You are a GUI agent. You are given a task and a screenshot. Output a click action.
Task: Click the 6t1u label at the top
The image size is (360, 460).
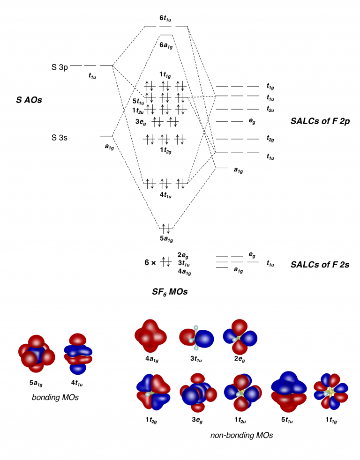(x=166, y=18)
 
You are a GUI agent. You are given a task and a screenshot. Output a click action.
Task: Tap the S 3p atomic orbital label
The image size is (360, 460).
(x=60, y=67)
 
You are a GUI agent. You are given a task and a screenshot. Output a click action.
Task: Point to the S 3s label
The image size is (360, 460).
(x=60, y=138)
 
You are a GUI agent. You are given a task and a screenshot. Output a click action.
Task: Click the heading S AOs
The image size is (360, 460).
(x=29, y=100)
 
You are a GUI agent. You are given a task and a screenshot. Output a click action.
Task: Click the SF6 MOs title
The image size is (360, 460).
(x=167, y=292)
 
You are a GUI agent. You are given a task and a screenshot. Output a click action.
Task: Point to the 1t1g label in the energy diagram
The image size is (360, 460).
(x=165, y=74)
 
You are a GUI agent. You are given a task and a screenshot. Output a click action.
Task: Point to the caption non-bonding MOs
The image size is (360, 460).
(x=241, y=435)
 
